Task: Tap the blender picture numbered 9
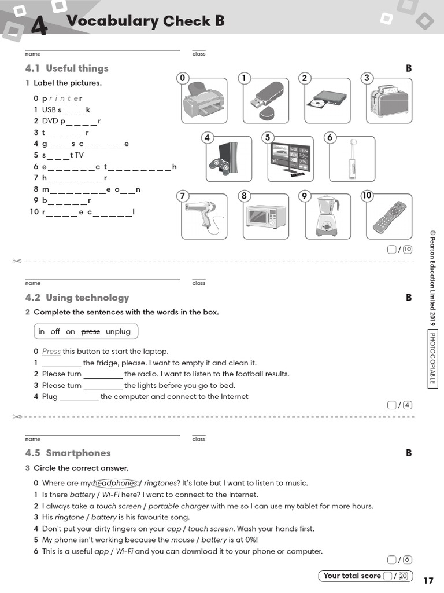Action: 327,216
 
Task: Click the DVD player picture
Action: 327,99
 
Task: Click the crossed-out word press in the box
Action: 90,332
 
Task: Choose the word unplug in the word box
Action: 118,332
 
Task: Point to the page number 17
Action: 428,580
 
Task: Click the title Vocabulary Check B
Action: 146,21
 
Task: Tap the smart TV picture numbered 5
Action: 291,159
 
